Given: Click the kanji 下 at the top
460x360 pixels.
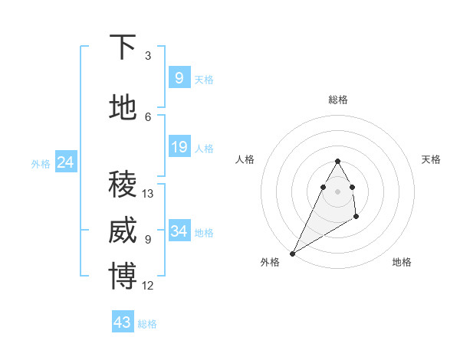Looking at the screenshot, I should [x=123, y=47].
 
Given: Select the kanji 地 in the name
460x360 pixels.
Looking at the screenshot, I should [x=123, y=108].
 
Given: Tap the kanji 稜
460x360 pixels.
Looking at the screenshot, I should [x=123, y=184].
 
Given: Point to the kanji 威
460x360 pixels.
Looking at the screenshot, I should [x=123, y=231].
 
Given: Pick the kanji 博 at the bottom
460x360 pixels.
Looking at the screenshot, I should [x=123, y=277].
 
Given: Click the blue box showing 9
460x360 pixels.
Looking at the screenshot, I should [x=179, y=78].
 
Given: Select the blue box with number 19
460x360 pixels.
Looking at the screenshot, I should [x=179, y=147].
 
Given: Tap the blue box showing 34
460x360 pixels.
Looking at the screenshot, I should [x=179, y=231].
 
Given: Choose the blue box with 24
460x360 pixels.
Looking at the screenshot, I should [x=65, y=162].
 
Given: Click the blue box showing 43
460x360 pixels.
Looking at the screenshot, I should [x=123, y=322].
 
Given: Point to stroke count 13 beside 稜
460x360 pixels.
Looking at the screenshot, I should [x=148, y=194].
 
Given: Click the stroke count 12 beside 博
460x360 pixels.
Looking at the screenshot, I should [x=148, y=286].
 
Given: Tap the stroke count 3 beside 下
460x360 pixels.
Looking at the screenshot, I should [x=148, y=56].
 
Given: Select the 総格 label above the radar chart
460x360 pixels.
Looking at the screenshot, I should [x=337, y=100].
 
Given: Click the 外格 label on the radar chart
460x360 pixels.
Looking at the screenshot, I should [x=270, y=262].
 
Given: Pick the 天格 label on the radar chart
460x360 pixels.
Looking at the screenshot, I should [x=432, y=159].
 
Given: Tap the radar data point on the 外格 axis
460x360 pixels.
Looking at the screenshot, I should [x=292, y=253].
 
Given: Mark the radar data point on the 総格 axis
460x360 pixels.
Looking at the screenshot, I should [x=337, y=162].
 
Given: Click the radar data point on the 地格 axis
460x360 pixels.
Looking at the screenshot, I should [x=356, y=218].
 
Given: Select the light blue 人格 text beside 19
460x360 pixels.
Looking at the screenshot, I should [x=204, y=148].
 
